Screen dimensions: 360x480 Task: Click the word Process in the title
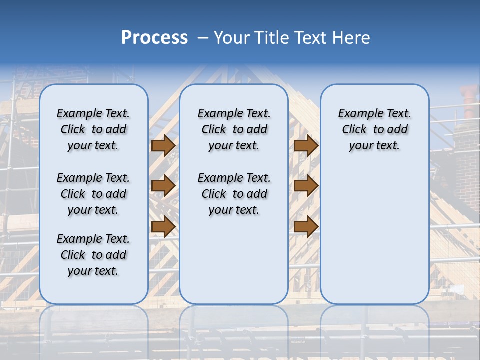[x=154, y=38]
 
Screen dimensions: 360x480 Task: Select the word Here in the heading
[x=352, y=38]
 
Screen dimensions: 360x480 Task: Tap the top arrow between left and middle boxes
[x=163, y=146]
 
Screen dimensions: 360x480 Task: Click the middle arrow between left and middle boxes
[x=163, y=186]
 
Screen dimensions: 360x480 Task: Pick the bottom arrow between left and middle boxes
[x=163, y=226]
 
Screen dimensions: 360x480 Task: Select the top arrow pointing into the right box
[x=306, y=146]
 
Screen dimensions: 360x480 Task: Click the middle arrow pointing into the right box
[x=306, y=186]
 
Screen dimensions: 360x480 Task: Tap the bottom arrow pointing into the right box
[x=306, y=226]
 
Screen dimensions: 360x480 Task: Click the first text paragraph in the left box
[x=93, y=129]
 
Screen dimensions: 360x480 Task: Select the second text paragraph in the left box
[x=93, y=194]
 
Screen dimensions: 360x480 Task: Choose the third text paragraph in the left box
[x=93, y=255]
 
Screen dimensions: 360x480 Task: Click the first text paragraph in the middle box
[x=234, y=129]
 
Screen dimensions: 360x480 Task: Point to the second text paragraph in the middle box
[x=234, y=194]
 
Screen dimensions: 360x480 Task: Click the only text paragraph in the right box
[x=374, y=129]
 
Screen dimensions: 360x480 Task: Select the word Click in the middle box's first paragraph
[x=214, y=130]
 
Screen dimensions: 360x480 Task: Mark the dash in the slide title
[x=203, y=38]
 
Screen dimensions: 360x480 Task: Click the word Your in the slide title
[x=233, y=38]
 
